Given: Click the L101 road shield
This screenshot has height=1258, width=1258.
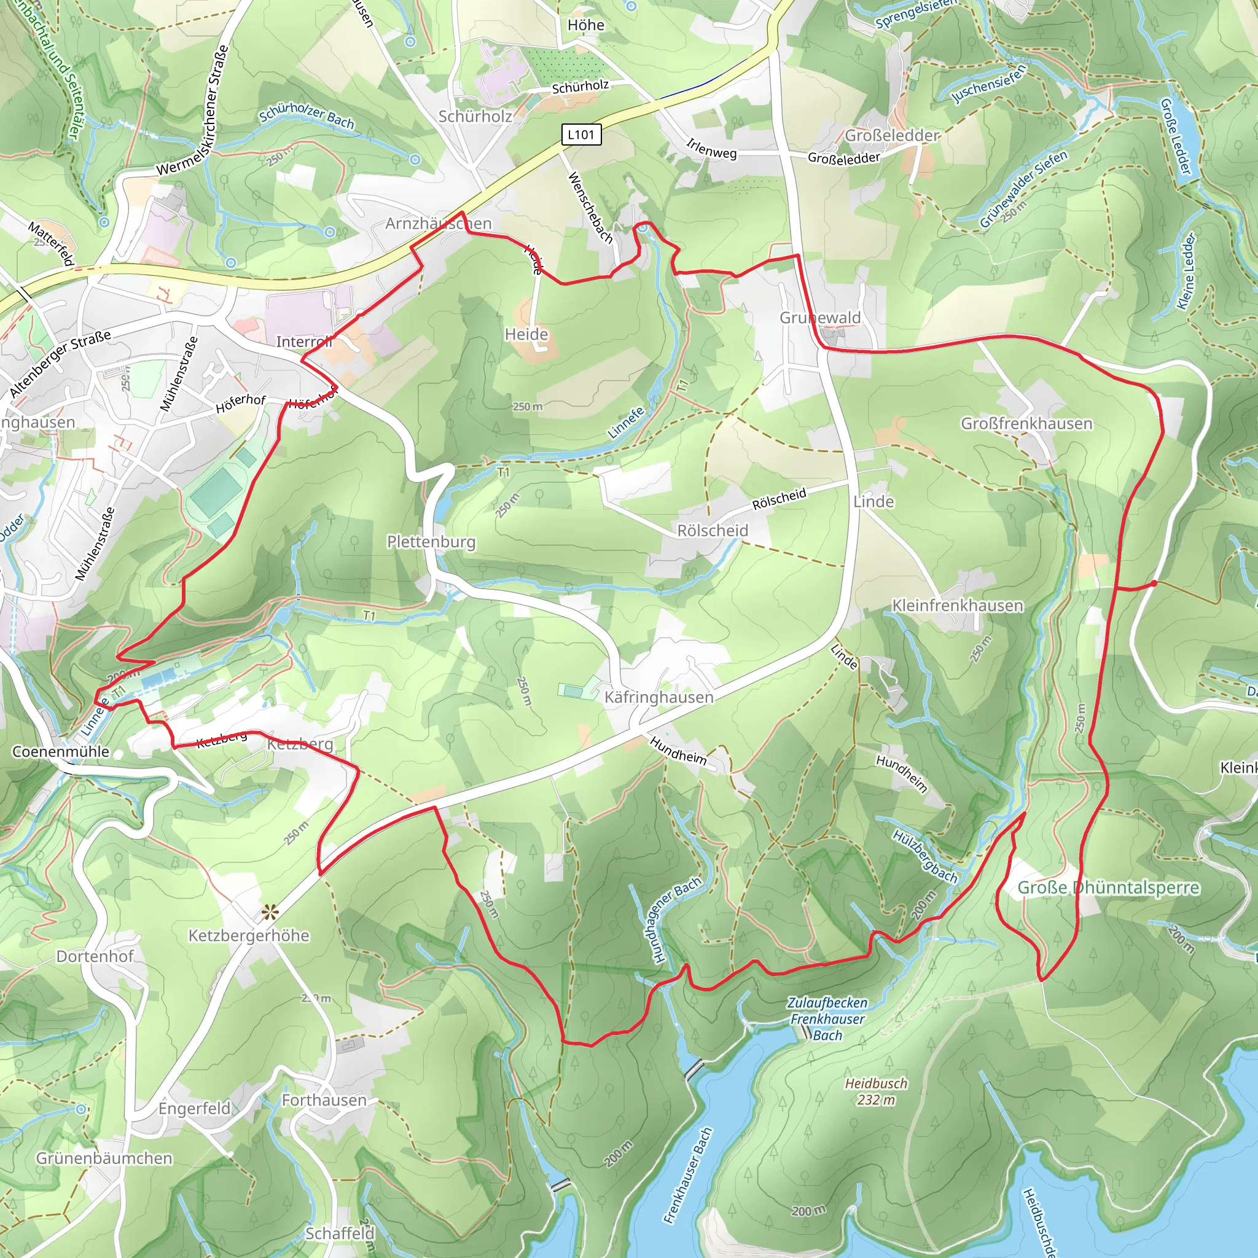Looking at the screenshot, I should coord(581,135).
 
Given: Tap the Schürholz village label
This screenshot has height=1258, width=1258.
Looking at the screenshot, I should coord(475,117).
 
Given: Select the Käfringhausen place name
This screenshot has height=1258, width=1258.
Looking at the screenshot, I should coord(658,697).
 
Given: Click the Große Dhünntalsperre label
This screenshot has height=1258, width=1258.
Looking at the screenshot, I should coord(1108,888).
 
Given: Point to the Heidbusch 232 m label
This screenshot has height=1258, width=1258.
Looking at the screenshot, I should coord(876,1092).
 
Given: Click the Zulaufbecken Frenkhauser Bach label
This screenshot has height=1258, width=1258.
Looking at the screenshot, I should coord(827,1019).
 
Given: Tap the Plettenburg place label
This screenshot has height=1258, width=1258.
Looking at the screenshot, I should coord(431,542).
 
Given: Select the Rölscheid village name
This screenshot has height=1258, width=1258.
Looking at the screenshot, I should coord(713,531).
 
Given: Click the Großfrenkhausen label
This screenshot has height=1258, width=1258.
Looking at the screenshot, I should coord(1026,424).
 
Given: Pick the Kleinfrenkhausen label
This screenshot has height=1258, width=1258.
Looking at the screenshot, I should coord(957,606).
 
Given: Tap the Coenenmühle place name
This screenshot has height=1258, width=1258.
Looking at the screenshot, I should coord(61,751).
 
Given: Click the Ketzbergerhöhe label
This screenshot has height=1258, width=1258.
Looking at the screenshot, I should coord(249,936).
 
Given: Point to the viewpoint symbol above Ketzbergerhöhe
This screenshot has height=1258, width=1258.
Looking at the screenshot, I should coord(270,913).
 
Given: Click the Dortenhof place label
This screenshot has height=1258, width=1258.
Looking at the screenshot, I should coord(95,956).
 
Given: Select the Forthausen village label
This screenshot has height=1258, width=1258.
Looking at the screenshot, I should coord(324,1100).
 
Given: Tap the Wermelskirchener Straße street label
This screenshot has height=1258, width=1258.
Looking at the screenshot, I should coord(193,110).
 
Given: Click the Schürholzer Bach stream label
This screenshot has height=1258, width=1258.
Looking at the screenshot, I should coord(307,118).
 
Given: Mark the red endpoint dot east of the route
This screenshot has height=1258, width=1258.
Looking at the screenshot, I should coord(1154,584).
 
